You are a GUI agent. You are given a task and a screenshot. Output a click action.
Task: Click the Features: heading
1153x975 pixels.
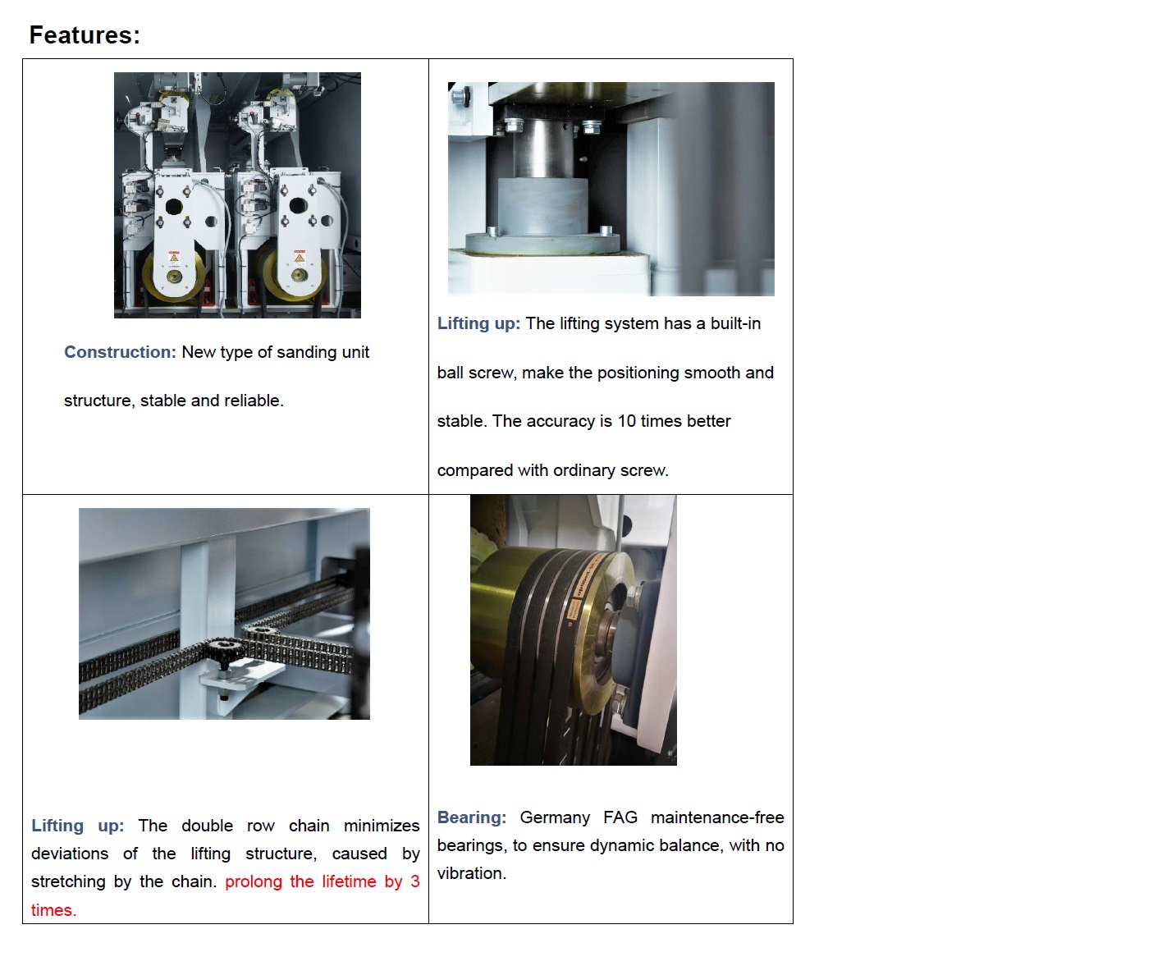click(x=85, y=35)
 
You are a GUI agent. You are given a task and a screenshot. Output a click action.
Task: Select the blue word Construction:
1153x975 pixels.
click(x=120, y=352)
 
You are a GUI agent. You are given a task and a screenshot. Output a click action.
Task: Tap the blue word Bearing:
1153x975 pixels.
click(x=471, y=817)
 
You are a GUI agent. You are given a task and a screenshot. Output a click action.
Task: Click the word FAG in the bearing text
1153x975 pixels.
click(x=620, y=817)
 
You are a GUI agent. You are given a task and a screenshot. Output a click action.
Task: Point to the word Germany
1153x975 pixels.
click(x=555, y=817)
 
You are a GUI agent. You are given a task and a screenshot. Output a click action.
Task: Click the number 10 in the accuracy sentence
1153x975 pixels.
click(x=626, y=421)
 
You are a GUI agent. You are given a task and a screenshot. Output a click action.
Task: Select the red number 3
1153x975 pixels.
click(x=415, y=881)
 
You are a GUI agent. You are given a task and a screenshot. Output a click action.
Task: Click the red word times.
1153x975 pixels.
click(x=53, y=909)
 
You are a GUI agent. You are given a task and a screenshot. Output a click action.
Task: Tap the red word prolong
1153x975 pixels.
click(x=254, y=882)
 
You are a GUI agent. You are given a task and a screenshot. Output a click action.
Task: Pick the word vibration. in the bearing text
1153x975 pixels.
click(x=471, y=873)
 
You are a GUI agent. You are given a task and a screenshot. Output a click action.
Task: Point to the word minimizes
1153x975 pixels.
click(x=382, y=826)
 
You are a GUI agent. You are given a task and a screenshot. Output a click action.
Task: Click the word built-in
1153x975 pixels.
click(x=735, y=323)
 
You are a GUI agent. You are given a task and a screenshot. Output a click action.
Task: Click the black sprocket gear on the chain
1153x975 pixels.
click(x=226, y=650)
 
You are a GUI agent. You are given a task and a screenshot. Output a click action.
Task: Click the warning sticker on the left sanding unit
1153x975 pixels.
click(x=174, y=257)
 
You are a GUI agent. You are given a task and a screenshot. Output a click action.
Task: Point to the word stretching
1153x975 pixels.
click(x=68, y=882)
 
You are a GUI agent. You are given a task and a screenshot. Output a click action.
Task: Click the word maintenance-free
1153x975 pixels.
click(x=717, y=817)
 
